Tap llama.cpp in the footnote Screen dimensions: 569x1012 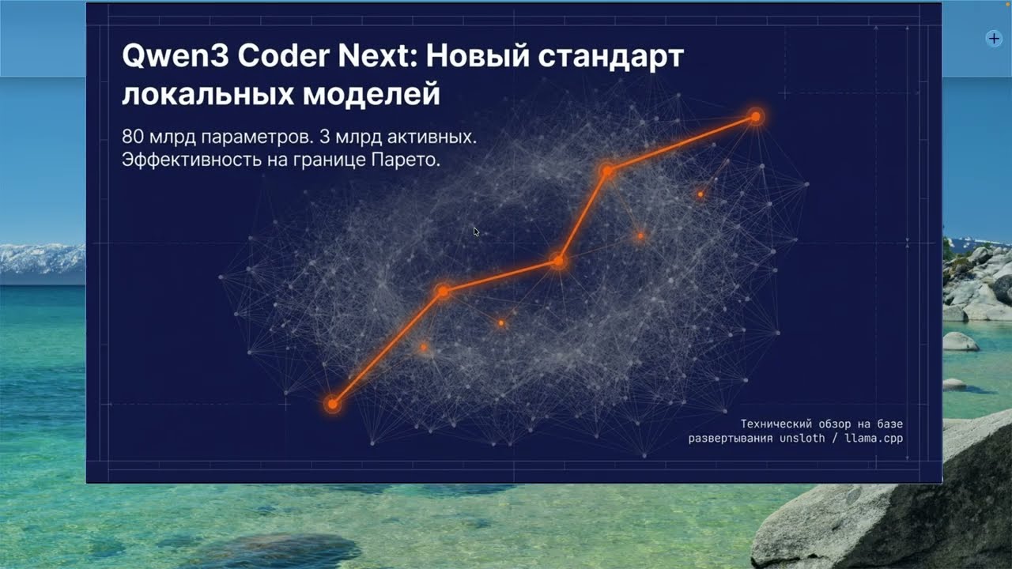(873, 438)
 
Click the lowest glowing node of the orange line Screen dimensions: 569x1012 (333, 405)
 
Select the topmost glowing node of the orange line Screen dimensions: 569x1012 (756, 117)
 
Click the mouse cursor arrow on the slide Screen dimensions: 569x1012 (476, 232)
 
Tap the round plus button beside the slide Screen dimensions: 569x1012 (994, 38)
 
